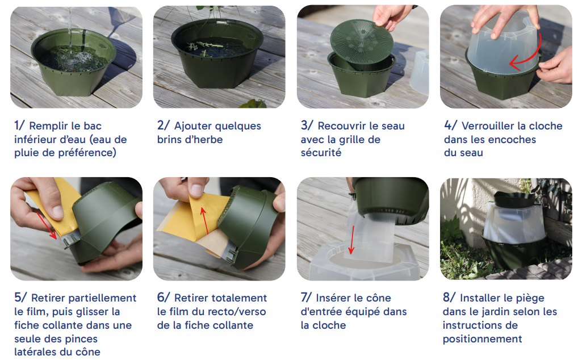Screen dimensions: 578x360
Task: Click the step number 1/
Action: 19,125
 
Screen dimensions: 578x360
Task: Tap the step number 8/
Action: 449,298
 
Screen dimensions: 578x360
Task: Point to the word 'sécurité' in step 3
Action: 321,153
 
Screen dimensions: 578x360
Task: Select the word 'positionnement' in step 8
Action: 482,339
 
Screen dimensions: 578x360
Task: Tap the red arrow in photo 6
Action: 205,220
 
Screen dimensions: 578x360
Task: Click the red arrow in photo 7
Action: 352,240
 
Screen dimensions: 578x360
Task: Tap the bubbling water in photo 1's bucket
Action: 72,59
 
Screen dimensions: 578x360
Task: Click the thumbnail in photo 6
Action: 196,190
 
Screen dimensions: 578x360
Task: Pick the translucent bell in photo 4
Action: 504,43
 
